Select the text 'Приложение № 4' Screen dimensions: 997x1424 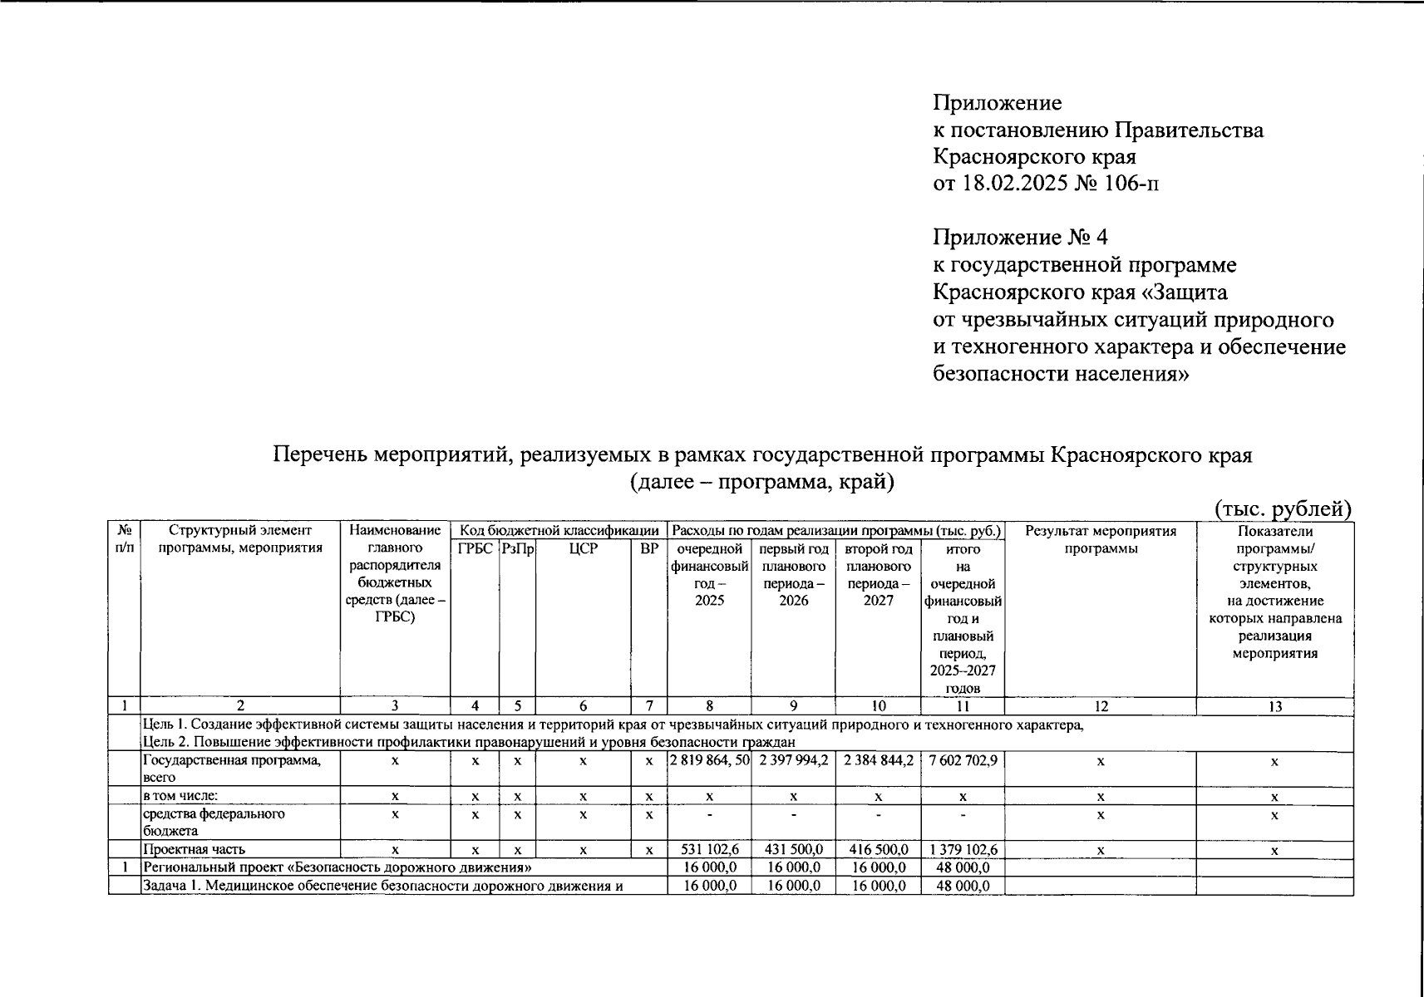click(1020, 238)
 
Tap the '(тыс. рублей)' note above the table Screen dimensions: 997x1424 click(1283, 508)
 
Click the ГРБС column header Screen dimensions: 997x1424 click(475, 549)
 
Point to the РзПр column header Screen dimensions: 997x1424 click(517, 549)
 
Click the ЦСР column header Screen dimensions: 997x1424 click(583, 549)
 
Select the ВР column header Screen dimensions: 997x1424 click(649, 549)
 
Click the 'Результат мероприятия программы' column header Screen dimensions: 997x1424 click(1100, 539)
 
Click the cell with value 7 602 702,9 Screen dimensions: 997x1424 click(963, 759)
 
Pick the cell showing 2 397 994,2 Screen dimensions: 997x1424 click(793, 759)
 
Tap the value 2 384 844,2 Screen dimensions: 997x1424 click(878, 759)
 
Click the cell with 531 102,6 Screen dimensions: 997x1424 click(709, 850)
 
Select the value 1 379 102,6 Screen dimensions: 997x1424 click(963, 850)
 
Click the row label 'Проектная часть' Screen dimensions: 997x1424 click(194, 850)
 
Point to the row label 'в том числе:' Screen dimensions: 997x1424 click(180, 796)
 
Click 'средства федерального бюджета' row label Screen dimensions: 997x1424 click(214, 822)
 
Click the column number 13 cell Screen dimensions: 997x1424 click(1274, 706)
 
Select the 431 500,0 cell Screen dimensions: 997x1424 click(793, 850)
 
